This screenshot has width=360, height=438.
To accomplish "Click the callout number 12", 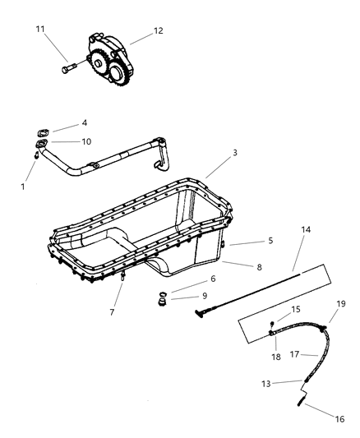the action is tap(158, 30).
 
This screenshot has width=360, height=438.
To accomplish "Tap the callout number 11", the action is tap(40, 29).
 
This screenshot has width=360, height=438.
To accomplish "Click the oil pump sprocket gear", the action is tap(96, 66).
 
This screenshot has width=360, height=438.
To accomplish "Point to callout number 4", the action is tap(85, 123).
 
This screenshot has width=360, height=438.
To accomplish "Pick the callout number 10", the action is tap(86, 141).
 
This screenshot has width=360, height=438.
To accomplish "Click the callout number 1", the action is tap(23, 187).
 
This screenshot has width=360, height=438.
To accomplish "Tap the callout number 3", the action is tap(235, 153).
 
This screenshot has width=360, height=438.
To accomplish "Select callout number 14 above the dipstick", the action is tap(306, 229).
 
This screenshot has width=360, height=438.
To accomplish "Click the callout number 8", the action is tap(259, 267).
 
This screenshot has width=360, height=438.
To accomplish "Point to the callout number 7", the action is tap(112, 312).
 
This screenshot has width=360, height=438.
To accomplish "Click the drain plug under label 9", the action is tap(162, 302).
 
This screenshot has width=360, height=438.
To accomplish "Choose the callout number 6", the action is tap(213, 279).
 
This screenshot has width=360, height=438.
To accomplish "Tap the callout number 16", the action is tap(340, 419).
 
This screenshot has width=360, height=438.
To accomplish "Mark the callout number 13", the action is tap(266, 384).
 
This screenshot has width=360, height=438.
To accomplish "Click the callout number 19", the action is tap(341, 303).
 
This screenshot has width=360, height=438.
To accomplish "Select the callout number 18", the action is tap(276, 357).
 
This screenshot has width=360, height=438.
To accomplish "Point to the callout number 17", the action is tap(294, 354).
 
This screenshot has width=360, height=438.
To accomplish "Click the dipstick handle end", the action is tap(198, 313).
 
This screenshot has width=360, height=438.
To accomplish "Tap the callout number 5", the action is tap(270, 241).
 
